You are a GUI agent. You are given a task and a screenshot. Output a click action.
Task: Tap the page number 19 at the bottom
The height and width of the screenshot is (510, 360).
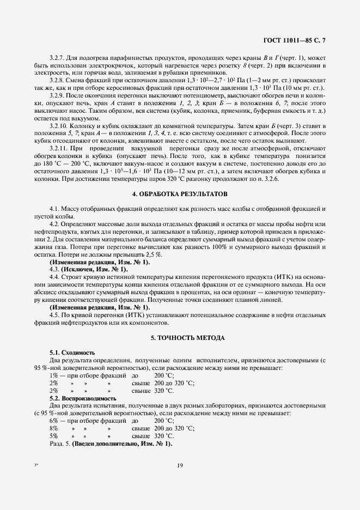180,465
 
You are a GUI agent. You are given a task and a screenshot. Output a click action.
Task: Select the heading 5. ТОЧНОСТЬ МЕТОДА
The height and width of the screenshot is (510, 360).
180,338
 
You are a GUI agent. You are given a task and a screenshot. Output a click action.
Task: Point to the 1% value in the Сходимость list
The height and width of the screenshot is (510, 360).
53,376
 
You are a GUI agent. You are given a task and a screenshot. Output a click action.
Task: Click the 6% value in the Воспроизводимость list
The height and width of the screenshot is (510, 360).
53,421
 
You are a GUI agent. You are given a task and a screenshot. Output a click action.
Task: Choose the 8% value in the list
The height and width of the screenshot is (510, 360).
53,429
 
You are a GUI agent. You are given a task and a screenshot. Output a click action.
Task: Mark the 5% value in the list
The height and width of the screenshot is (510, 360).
53,436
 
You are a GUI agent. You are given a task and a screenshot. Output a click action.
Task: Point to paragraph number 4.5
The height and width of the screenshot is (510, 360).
54,315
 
